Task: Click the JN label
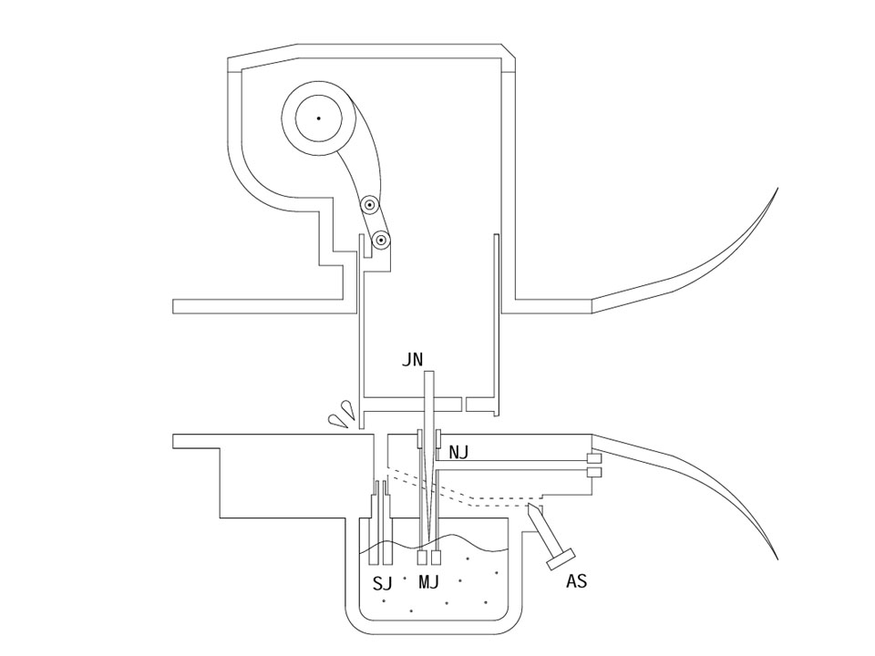pyautogui.click(x=412, y=360)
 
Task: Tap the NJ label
pyautogui.click(x=458, y=453)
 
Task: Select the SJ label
pyautogui.click(x=382, y=583)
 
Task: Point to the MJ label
pyautogui.click(x=428, y=582)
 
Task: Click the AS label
pyautogui.click(x=576, y=581)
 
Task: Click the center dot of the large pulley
pyautogui.click(x=318, y=118)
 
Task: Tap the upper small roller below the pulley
pyautogui.click(x=369, y=206)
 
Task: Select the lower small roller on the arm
pyautogui.click(x=381, y=241)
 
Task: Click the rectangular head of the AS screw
pyautogui.click(x=561, y=559)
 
